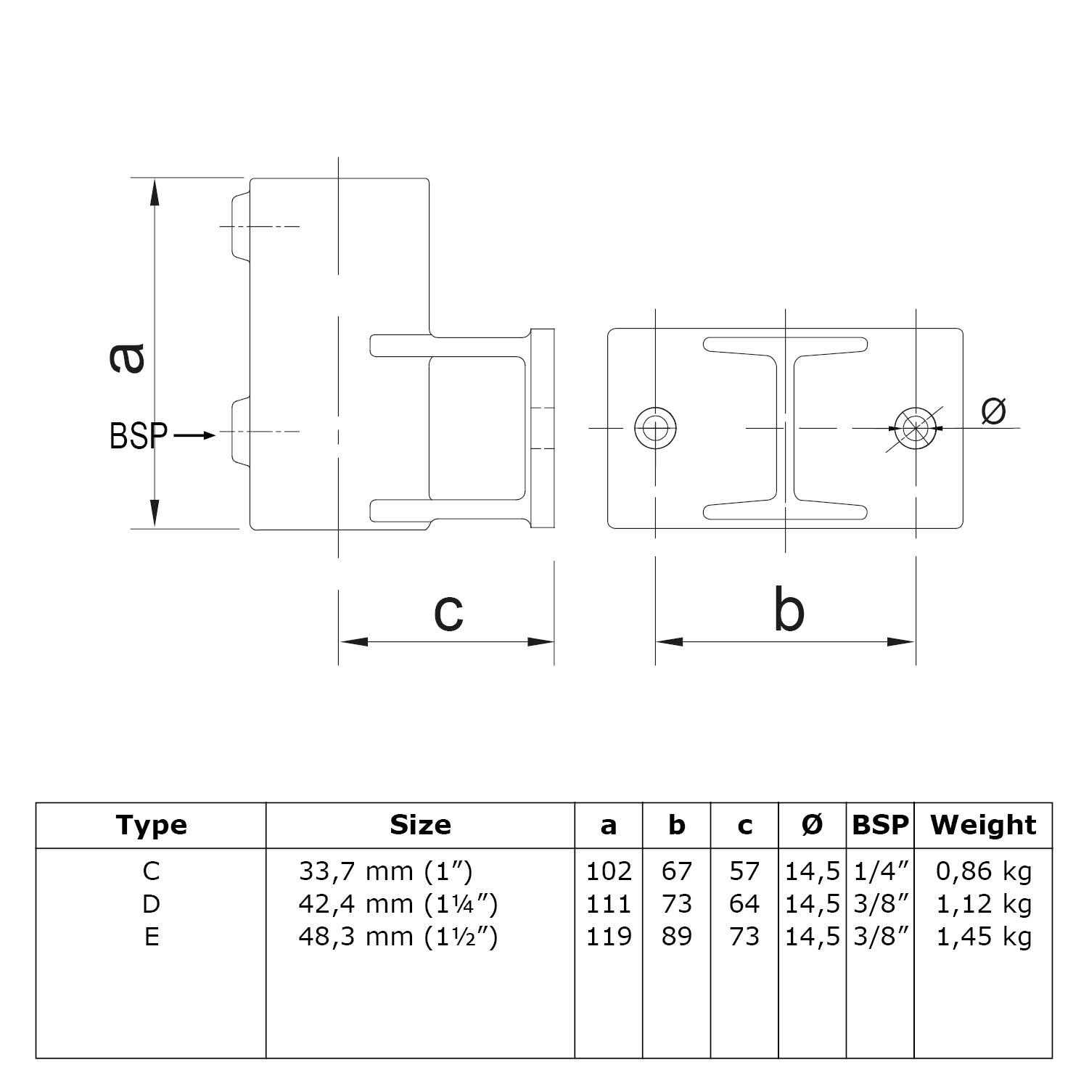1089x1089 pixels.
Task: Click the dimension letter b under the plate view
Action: (x=789, y=610)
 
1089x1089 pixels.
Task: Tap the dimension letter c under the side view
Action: (x=448, y=612)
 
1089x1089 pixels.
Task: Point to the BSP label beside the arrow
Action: (x=139, y=436)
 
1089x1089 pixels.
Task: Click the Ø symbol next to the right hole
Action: (x=993, y=411)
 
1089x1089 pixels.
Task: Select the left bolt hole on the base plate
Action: (x=655, y=428)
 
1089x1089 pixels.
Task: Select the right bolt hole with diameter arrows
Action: (x=915, y=428)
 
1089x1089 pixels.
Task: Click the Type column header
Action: (x=151, y=825)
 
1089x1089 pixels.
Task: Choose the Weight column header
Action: (x=983, y=825)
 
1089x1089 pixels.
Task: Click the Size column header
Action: (x=420, y=825)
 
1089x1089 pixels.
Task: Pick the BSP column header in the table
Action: (x=880, y=825)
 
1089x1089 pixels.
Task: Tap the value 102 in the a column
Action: (x=609, y=871)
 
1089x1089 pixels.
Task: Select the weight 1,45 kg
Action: (x=984, y=937)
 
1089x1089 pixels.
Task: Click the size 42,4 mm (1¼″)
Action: (x=398, y=904)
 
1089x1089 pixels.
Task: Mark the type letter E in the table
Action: (x=151, y=937)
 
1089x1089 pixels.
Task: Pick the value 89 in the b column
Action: (x=676, y=937)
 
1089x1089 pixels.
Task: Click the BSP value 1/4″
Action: (x=881, y=871)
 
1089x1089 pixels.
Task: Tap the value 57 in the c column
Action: (x=744, y=871)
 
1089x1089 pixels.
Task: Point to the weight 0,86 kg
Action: (x=984, y=871)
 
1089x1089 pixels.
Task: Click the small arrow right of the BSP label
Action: (x=194, y=435)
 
